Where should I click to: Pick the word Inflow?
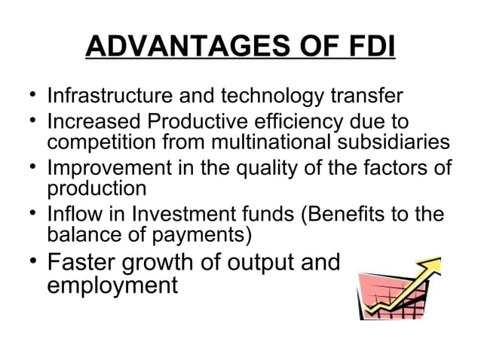click(x=72, y=215)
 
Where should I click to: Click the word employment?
click(x=112, y=287)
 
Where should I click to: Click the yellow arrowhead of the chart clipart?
click(x=430, y=267)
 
